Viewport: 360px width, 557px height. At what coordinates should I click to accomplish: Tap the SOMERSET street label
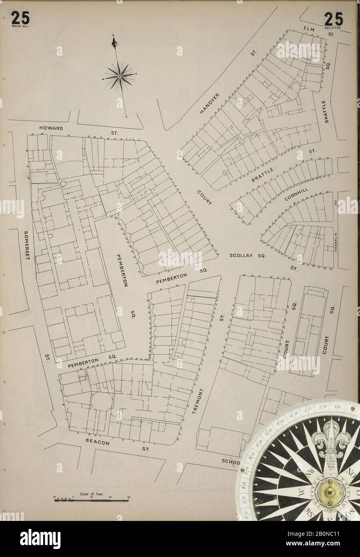tap(26, 245)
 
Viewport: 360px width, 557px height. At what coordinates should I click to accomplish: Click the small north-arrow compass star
tap(119, 76)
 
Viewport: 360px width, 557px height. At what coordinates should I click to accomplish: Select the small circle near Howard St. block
tap(63, 183)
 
